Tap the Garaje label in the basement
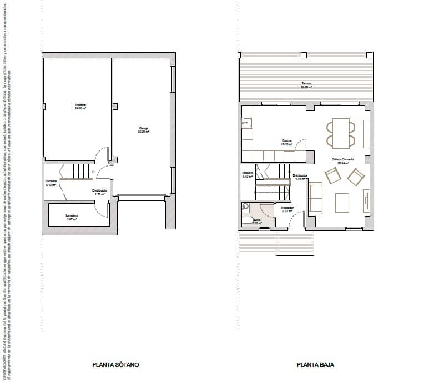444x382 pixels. tap(144, 130)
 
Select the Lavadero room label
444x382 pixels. tap(71, 217)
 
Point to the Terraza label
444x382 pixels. tap(306, 85)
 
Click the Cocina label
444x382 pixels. tap(271, 142)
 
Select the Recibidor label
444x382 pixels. tap(287, 209)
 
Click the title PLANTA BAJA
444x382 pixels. tap(315, 365)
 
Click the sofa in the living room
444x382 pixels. tap(315, 198)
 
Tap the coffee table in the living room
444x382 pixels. tap(342, 202)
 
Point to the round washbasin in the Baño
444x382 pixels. tap(245, 207)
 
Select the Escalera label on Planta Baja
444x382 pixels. tap(248, 174)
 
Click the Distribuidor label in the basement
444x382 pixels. tap(100, 192)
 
